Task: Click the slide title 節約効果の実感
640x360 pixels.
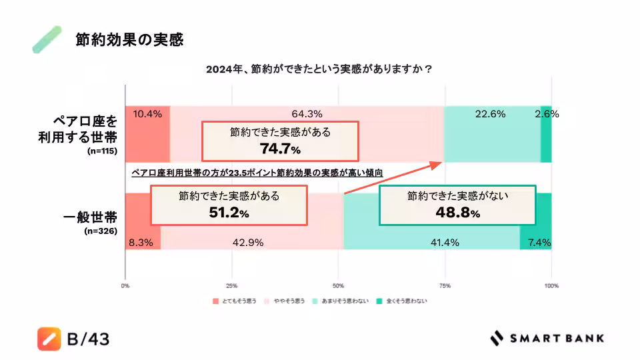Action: click(x=129, y=40)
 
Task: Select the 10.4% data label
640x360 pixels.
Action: click(x=147, y=113)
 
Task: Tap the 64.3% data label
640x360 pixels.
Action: click(x=307, y=113)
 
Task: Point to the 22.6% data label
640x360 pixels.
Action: click(x=491, y=113)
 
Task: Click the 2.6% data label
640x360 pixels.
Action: click(x=547, y=113)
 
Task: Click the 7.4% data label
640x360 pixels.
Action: click(x=539, y=243)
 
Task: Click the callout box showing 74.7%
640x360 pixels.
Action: click(x=280, y=141)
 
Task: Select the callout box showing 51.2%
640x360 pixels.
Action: click(x=229, y=205)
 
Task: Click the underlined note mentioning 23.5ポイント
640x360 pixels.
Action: click(x=257, y=172)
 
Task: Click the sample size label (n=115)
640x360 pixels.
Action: click(x=103, y=151)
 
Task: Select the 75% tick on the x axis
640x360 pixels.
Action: click(x=445, y=286)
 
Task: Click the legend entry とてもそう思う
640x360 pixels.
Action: click(x=235, y=301)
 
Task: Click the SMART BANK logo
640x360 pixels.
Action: click(x=547, y=338)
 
